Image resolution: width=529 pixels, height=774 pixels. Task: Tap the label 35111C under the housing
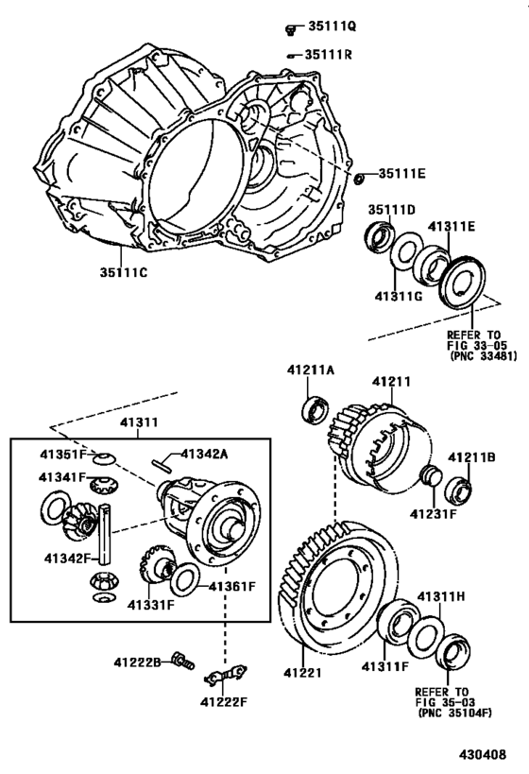pyautogui.click(x=121, y=272)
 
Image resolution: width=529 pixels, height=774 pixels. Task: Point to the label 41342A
pyautogui.click(x=204, y=455)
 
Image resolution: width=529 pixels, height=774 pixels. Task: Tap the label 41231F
pyautogui.click(x=433, y=514)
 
